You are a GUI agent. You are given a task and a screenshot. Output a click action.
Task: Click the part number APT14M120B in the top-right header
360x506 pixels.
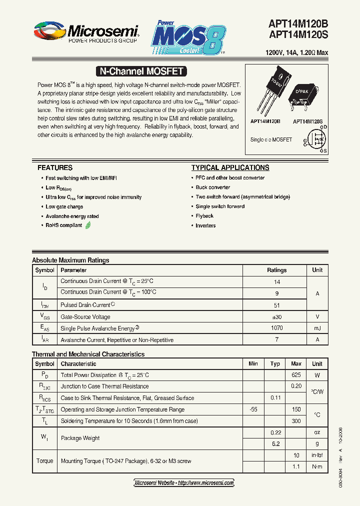[x=298, y=23]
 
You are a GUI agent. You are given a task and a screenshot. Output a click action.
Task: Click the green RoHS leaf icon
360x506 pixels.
[x=88, y=225]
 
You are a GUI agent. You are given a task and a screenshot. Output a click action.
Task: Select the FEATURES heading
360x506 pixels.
[x=55, y=167]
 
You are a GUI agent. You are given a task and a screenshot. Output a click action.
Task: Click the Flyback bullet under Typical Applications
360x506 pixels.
[x=204, y=216]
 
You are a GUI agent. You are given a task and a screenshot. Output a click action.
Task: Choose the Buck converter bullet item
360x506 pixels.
[x=213, y=187]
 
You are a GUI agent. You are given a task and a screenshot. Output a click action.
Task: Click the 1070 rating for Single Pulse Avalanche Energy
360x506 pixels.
[x=276, y=328]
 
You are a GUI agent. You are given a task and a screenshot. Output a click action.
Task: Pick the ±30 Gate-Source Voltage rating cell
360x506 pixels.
[x=276, y=317]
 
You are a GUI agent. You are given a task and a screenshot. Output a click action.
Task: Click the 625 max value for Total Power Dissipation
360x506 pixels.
[x=296, y=375]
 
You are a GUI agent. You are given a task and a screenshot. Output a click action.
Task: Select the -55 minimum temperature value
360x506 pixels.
[x=253, y=409]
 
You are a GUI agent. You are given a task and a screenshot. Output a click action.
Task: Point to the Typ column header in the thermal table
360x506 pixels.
[x=275, y=363]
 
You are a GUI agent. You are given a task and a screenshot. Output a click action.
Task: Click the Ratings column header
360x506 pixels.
[x=276, y=270]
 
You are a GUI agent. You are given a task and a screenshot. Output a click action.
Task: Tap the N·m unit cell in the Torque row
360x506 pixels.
[x=317, y=466]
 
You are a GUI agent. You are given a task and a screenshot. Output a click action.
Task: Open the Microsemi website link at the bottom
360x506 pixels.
[x=184, y=483]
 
